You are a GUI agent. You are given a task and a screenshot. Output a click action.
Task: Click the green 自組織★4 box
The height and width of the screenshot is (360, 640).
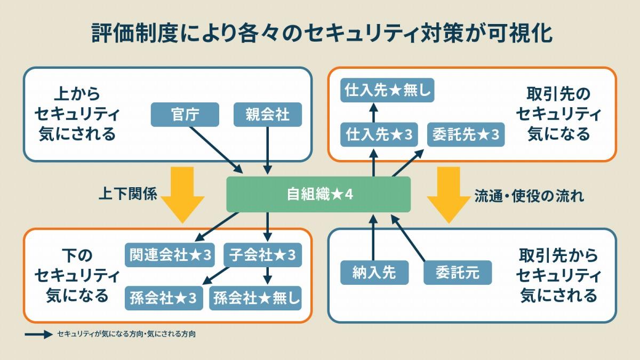[318, 194]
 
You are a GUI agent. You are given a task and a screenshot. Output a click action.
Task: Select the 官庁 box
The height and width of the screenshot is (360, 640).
[185, 115]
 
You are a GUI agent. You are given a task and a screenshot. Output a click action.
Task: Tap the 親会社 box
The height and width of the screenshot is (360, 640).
[268, 115]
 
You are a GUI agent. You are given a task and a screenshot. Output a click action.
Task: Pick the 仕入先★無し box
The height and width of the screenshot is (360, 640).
[387, 90]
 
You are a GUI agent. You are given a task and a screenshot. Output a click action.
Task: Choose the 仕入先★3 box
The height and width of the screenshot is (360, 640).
[379, 134]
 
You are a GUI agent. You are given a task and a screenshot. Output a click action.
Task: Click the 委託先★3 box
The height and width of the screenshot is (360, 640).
[466, 134]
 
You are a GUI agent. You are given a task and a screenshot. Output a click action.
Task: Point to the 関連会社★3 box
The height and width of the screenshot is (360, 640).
[170, 255]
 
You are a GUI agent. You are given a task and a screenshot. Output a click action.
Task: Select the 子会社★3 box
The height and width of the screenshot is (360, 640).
[262, 255]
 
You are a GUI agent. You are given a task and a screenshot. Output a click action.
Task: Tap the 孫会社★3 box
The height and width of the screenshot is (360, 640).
[164, 298]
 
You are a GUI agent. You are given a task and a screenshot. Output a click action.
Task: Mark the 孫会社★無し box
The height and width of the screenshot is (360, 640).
[255, 298]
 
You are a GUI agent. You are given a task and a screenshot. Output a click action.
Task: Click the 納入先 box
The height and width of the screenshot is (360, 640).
[374, 273]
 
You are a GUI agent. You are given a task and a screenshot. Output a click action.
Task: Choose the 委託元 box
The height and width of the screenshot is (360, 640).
[458, 273]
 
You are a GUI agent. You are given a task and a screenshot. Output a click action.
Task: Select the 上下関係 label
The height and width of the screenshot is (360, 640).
[127, 194]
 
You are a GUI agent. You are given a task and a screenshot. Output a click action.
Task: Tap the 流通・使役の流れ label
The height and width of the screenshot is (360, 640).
[529, 196]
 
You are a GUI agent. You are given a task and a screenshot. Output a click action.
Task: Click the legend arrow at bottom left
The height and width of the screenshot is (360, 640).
[39, 334]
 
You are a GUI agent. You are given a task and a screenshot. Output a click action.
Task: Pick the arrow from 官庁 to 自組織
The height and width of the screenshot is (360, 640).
[217, 150]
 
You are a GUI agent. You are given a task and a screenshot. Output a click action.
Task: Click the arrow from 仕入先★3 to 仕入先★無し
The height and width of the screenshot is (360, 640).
[373, 113]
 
